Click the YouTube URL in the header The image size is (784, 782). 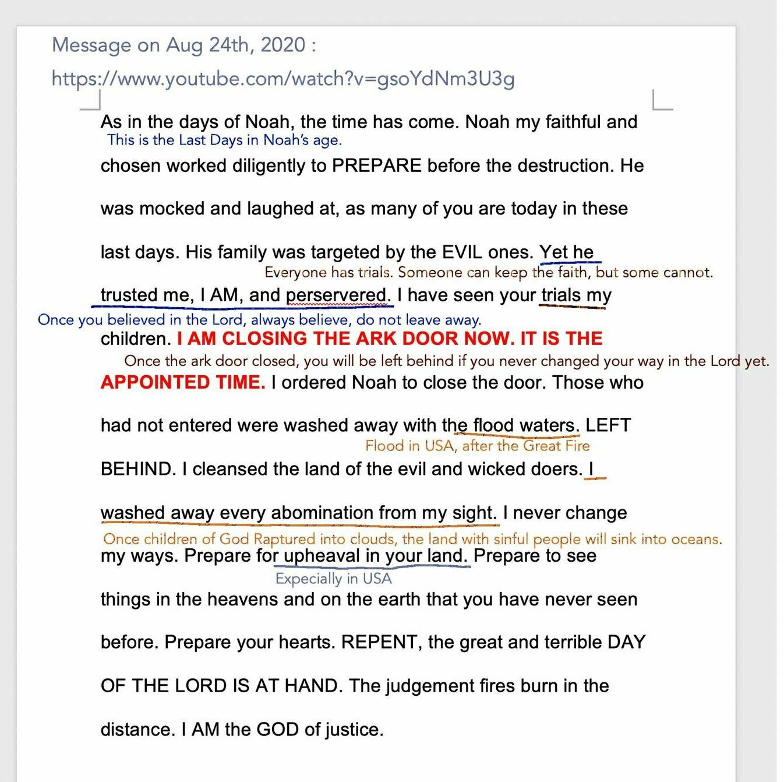click(283, 79)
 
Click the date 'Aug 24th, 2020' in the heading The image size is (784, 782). click(235, 45)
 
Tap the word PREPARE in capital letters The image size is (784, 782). click(376, 166)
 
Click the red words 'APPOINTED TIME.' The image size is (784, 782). click(183, 383)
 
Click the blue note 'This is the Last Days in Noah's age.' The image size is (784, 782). click(224, 140)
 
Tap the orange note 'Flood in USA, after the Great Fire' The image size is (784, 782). click(477, 446)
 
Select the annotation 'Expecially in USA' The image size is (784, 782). click(333, 579)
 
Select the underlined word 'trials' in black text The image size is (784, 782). click(560, 295)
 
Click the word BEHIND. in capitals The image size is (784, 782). click(138, 470)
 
